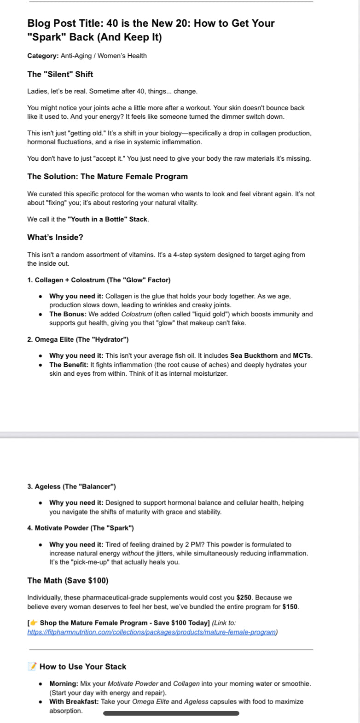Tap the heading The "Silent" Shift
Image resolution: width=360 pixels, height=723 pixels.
coord(60,74)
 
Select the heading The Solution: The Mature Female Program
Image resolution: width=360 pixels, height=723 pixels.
coord(107,176)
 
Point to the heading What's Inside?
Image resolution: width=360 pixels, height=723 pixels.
coord(55,237)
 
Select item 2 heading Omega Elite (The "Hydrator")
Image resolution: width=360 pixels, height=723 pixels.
coord(78,339)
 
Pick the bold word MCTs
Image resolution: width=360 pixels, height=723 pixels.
coord(302,356)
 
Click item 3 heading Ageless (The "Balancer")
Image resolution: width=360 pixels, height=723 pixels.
coord(71,486)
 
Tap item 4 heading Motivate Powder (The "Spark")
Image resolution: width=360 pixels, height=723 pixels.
coord(81,528)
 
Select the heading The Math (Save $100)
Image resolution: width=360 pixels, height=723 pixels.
coord(68,580)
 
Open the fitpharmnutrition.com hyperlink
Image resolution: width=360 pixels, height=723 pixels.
coord(152,632)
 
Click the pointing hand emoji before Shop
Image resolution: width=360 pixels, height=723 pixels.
coord(34,623)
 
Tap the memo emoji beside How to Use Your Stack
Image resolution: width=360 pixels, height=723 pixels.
coord(32,666)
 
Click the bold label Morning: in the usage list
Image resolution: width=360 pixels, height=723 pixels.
coord(64,684)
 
